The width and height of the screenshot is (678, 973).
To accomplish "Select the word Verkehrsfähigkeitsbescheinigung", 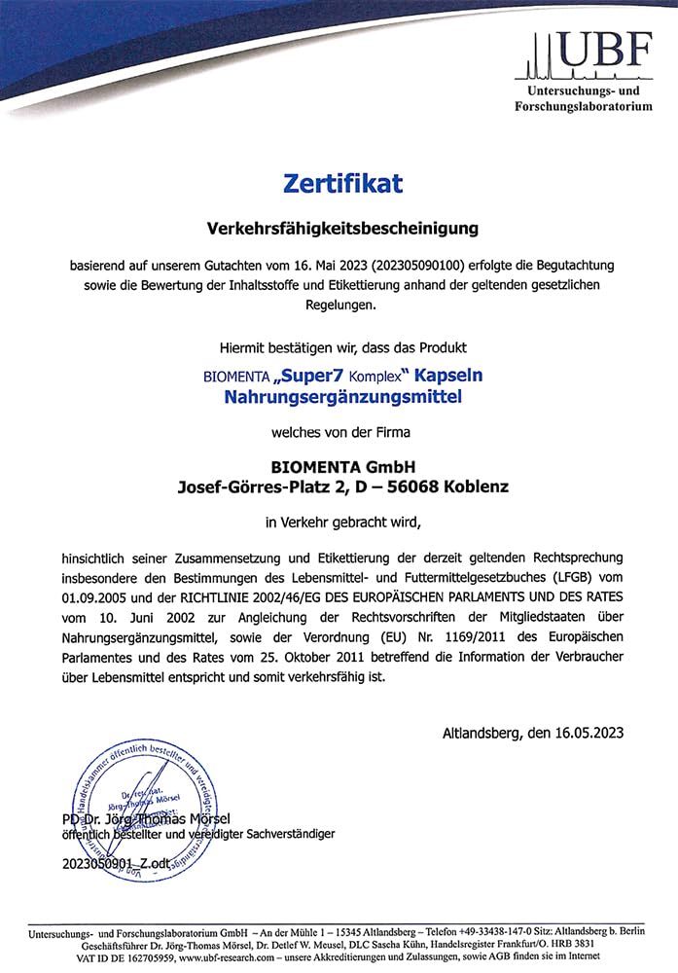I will pyautogui.click(x=343, y=229).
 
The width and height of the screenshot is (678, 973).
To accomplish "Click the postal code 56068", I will pyautogui.click(x=412, y=486).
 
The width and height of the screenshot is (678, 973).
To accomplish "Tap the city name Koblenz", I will pyautogui.click(x=475, y=486).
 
